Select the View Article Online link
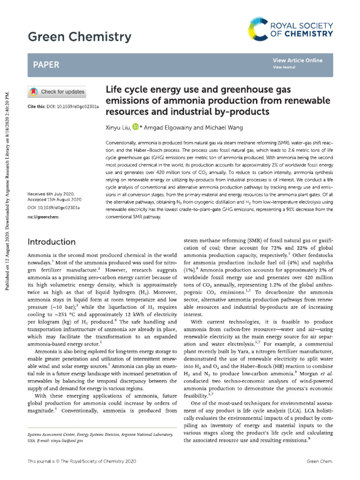point(297,60)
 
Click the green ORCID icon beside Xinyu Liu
point(135,127)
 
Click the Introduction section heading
point(52,242)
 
